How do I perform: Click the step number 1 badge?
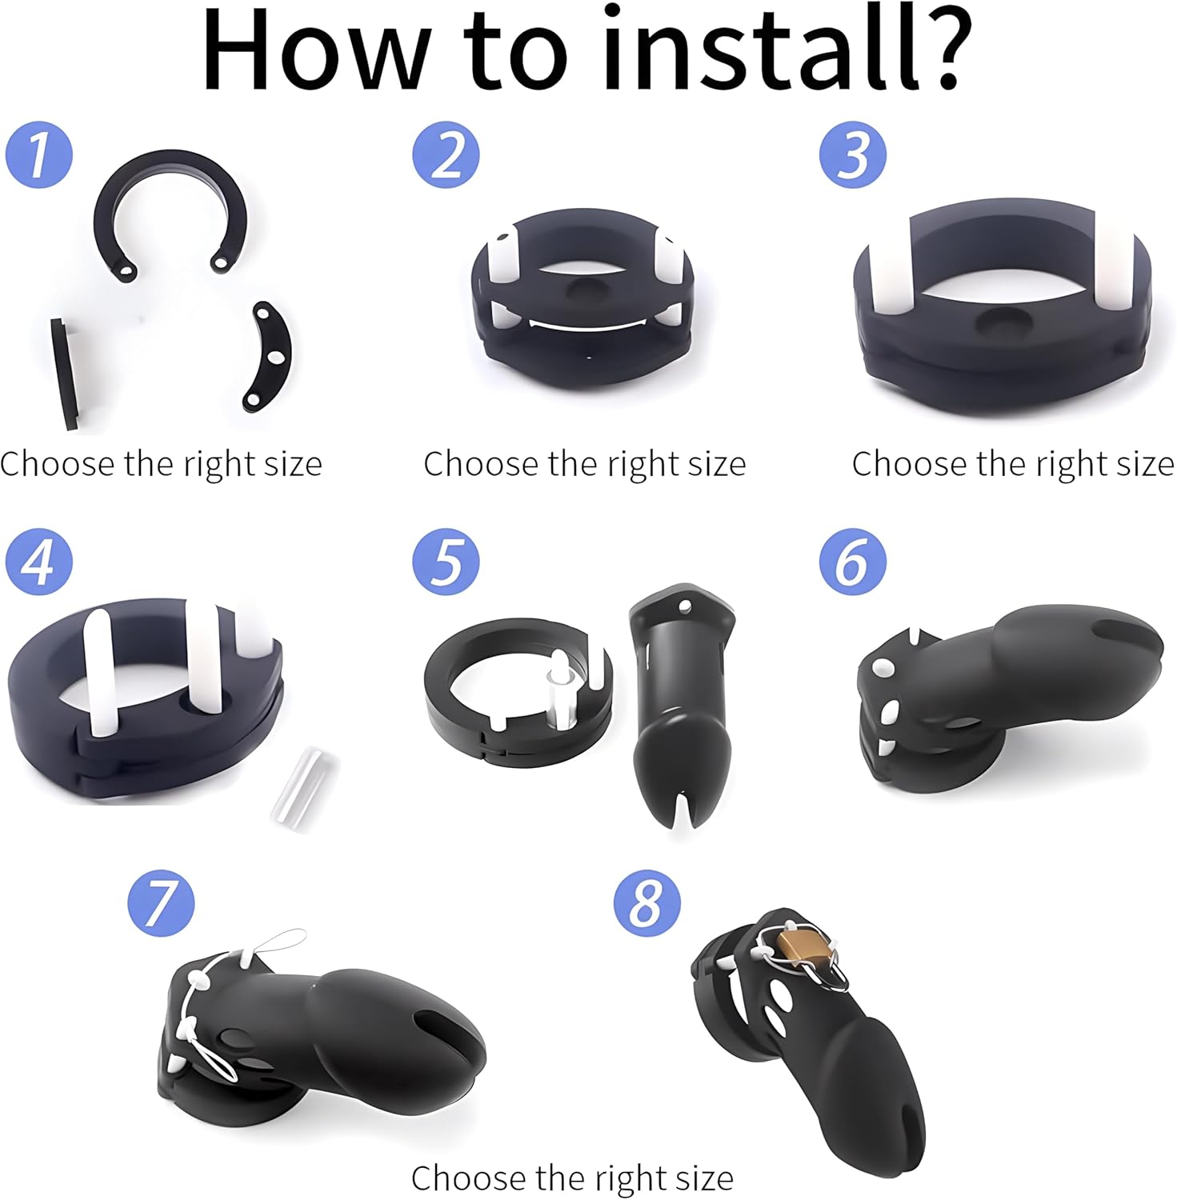tap(39, 154)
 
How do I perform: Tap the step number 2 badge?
tap(446, 154)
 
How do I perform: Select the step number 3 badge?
tap(853, 154)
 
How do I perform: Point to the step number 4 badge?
tap(39, 561)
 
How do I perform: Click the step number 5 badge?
tap(446, 561)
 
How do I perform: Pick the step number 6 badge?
tap(853, 561)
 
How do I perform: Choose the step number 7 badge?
tap(162, 902)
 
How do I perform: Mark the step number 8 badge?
tap(647, 902)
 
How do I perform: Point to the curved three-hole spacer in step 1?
tap(270, 354)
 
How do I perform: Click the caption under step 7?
tap(572, 1178)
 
